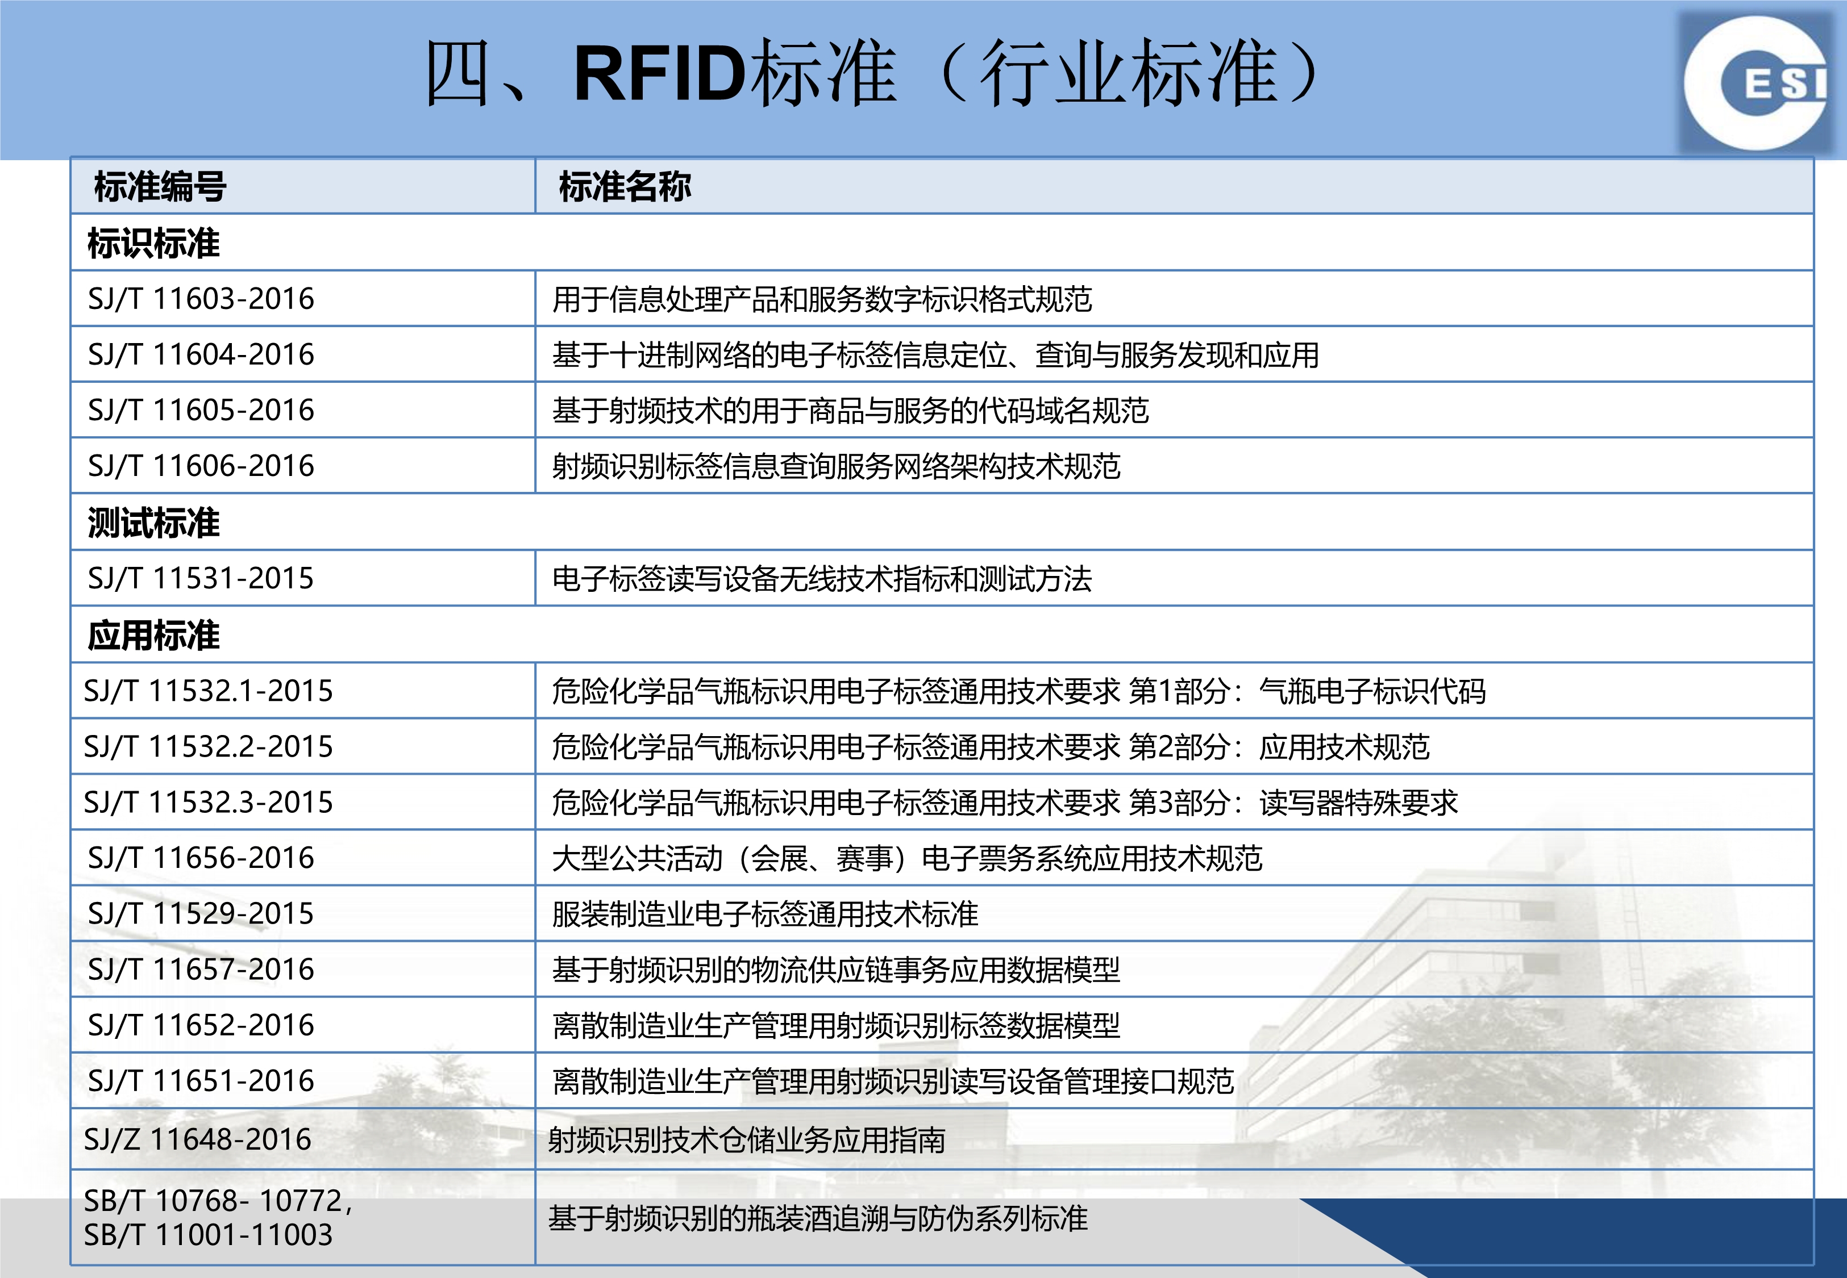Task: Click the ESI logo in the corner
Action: coord(1759,83)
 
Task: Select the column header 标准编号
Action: coord(160,186)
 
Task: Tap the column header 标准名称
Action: coord(625,186)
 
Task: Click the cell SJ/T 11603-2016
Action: coord(201,299)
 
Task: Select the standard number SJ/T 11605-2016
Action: coord(201,410)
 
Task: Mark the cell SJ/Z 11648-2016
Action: coord(197,1139)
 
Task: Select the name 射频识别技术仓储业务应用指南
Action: coord(747,1139)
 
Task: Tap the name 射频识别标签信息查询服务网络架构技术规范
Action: coord(836,466)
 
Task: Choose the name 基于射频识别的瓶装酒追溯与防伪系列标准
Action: coord(818,1218)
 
